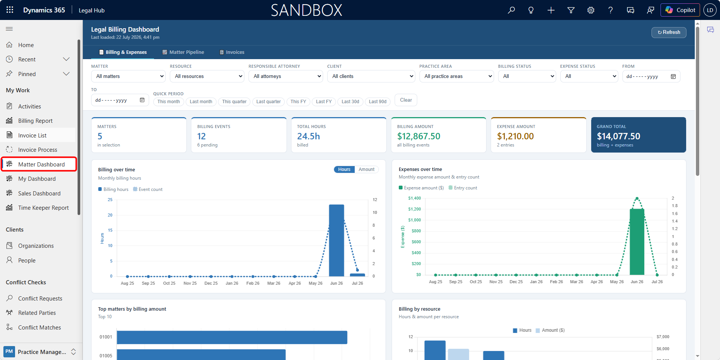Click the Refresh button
(x=669, y=32)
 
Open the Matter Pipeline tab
(x=183, y=52)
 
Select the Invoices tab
(x=232, y=52)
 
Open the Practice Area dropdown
(x=456, y=76)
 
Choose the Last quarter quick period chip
(x=268, y=102)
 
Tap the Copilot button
(x=680, y=10)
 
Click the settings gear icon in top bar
(x=591, y=10)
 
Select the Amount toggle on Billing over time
(x=366, y=169)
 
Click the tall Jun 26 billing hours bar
(x=336, y=240)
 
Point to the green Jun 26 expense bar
(x=637, y=242)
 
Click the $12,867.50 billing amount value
(x=419, y=136)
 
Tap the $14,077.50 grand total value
(x=618, y=136)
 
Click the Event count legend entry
(x=148, y=189)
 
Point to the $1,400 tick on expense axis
(x=415, y=198)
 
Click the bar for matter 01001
(x=232, y=337)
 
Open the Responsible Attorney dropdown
(x=286, y=76)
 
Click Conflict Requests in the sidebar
(x=40, y=299)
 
